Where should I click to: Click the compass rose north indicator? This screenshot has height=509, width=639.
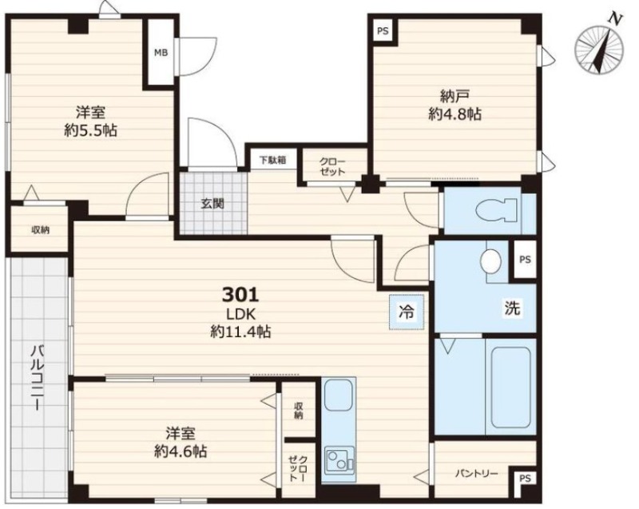pos(600,49)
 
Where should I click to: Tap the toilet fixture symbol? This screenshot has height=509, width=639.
pos(497,210)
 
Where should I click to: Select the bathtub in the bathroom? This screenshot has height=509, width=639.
pos(511,388)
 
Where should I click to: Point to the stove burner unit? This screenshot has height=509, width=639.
pos(339,460)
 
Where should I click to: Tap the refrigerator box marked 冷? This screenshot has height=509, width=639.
pos(407,312)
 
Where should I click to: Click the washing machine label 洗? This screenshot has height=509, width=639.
pos(512,308)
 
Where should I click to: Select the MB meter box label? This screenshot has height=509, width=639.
pos(161,53)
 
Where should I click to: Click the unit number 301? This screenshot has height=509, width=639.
pos(240,295)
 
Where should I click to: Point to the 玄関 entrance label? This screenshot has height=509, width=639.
pos(212,203)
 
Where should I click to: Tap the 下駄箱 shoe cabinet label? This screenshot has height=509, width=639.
pos(272,160)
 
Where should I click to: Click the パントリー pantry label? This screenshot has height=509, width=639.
pos(476,474)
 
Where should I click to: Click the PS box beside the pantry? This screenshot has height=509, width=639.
pos(526,479)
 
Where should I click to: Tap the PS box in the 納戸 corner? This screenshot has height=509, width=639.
pos(383,31)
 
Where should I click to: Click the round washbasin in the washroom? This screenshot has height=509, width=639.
pos(490,260)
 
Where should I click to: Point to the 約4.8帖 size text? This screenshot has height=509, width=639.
pos(454,114)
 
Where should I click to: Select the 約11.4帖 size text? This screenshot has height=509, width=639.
pos(240,332)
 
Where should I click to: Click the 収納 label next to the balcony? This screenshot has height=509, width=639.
pos(41,230)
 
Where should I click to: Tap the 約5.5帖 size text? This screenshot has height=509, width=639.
pos(90,130)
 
